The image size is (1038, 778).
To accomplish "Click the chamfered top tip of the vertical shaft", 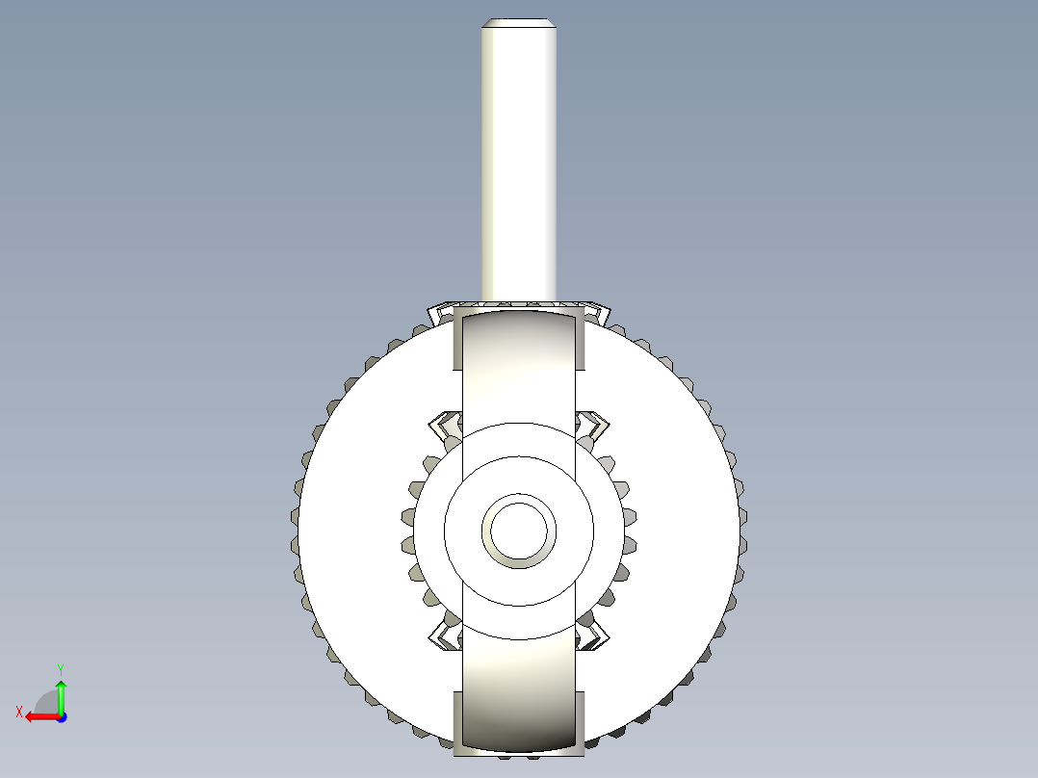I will (519, 23).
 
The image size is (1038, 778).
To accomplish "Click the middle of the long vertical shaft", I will (519, 164).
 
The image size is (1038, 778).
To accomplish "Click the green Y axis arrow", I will (61, 691).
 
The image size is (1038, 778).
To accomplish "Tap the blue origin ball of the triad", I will (61, 716).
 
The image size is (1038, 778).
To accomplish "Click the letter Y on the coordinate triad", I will (60, 667).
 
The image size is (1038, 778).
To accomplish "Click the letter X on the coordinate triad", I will (18, 712).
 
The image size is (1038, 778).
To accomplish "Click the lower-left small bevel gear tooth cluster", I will (444, 635).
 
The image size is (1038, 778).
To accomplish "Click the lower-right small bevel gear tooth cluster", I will (594, 635).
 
